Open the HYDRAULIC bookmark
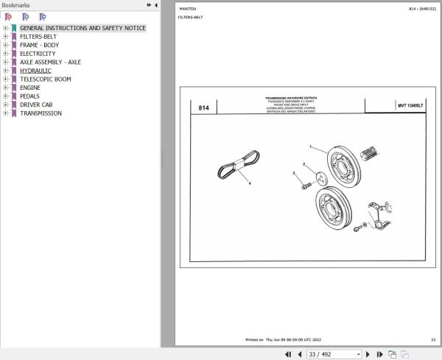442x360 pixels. [35, 71]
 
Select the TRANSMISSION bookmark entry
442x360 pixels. [41, 113]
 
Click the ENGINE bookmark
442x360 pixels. [30, 88]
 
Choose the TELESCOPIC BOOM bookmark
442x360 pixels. [45, 79]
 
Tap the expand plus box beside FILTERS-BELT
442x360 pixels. [5, 37]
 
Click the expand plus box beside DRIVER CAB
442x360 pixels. [5, 105]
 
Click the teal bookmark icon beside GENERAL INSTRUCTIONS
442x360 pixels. [13, 28]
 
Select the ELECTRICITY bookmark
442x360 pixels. [37, 54]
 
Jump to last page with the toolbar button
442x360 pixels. [379, 354]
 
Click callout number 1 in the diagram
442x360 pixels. [310, 147]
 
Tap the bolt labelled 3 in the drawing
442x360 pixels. [304, 185]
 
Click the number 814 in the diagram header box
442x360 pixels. [204, 107]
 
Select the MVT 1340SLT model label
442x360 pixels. [410, 106]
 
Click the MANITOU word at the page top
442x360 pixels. [188, 8]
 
